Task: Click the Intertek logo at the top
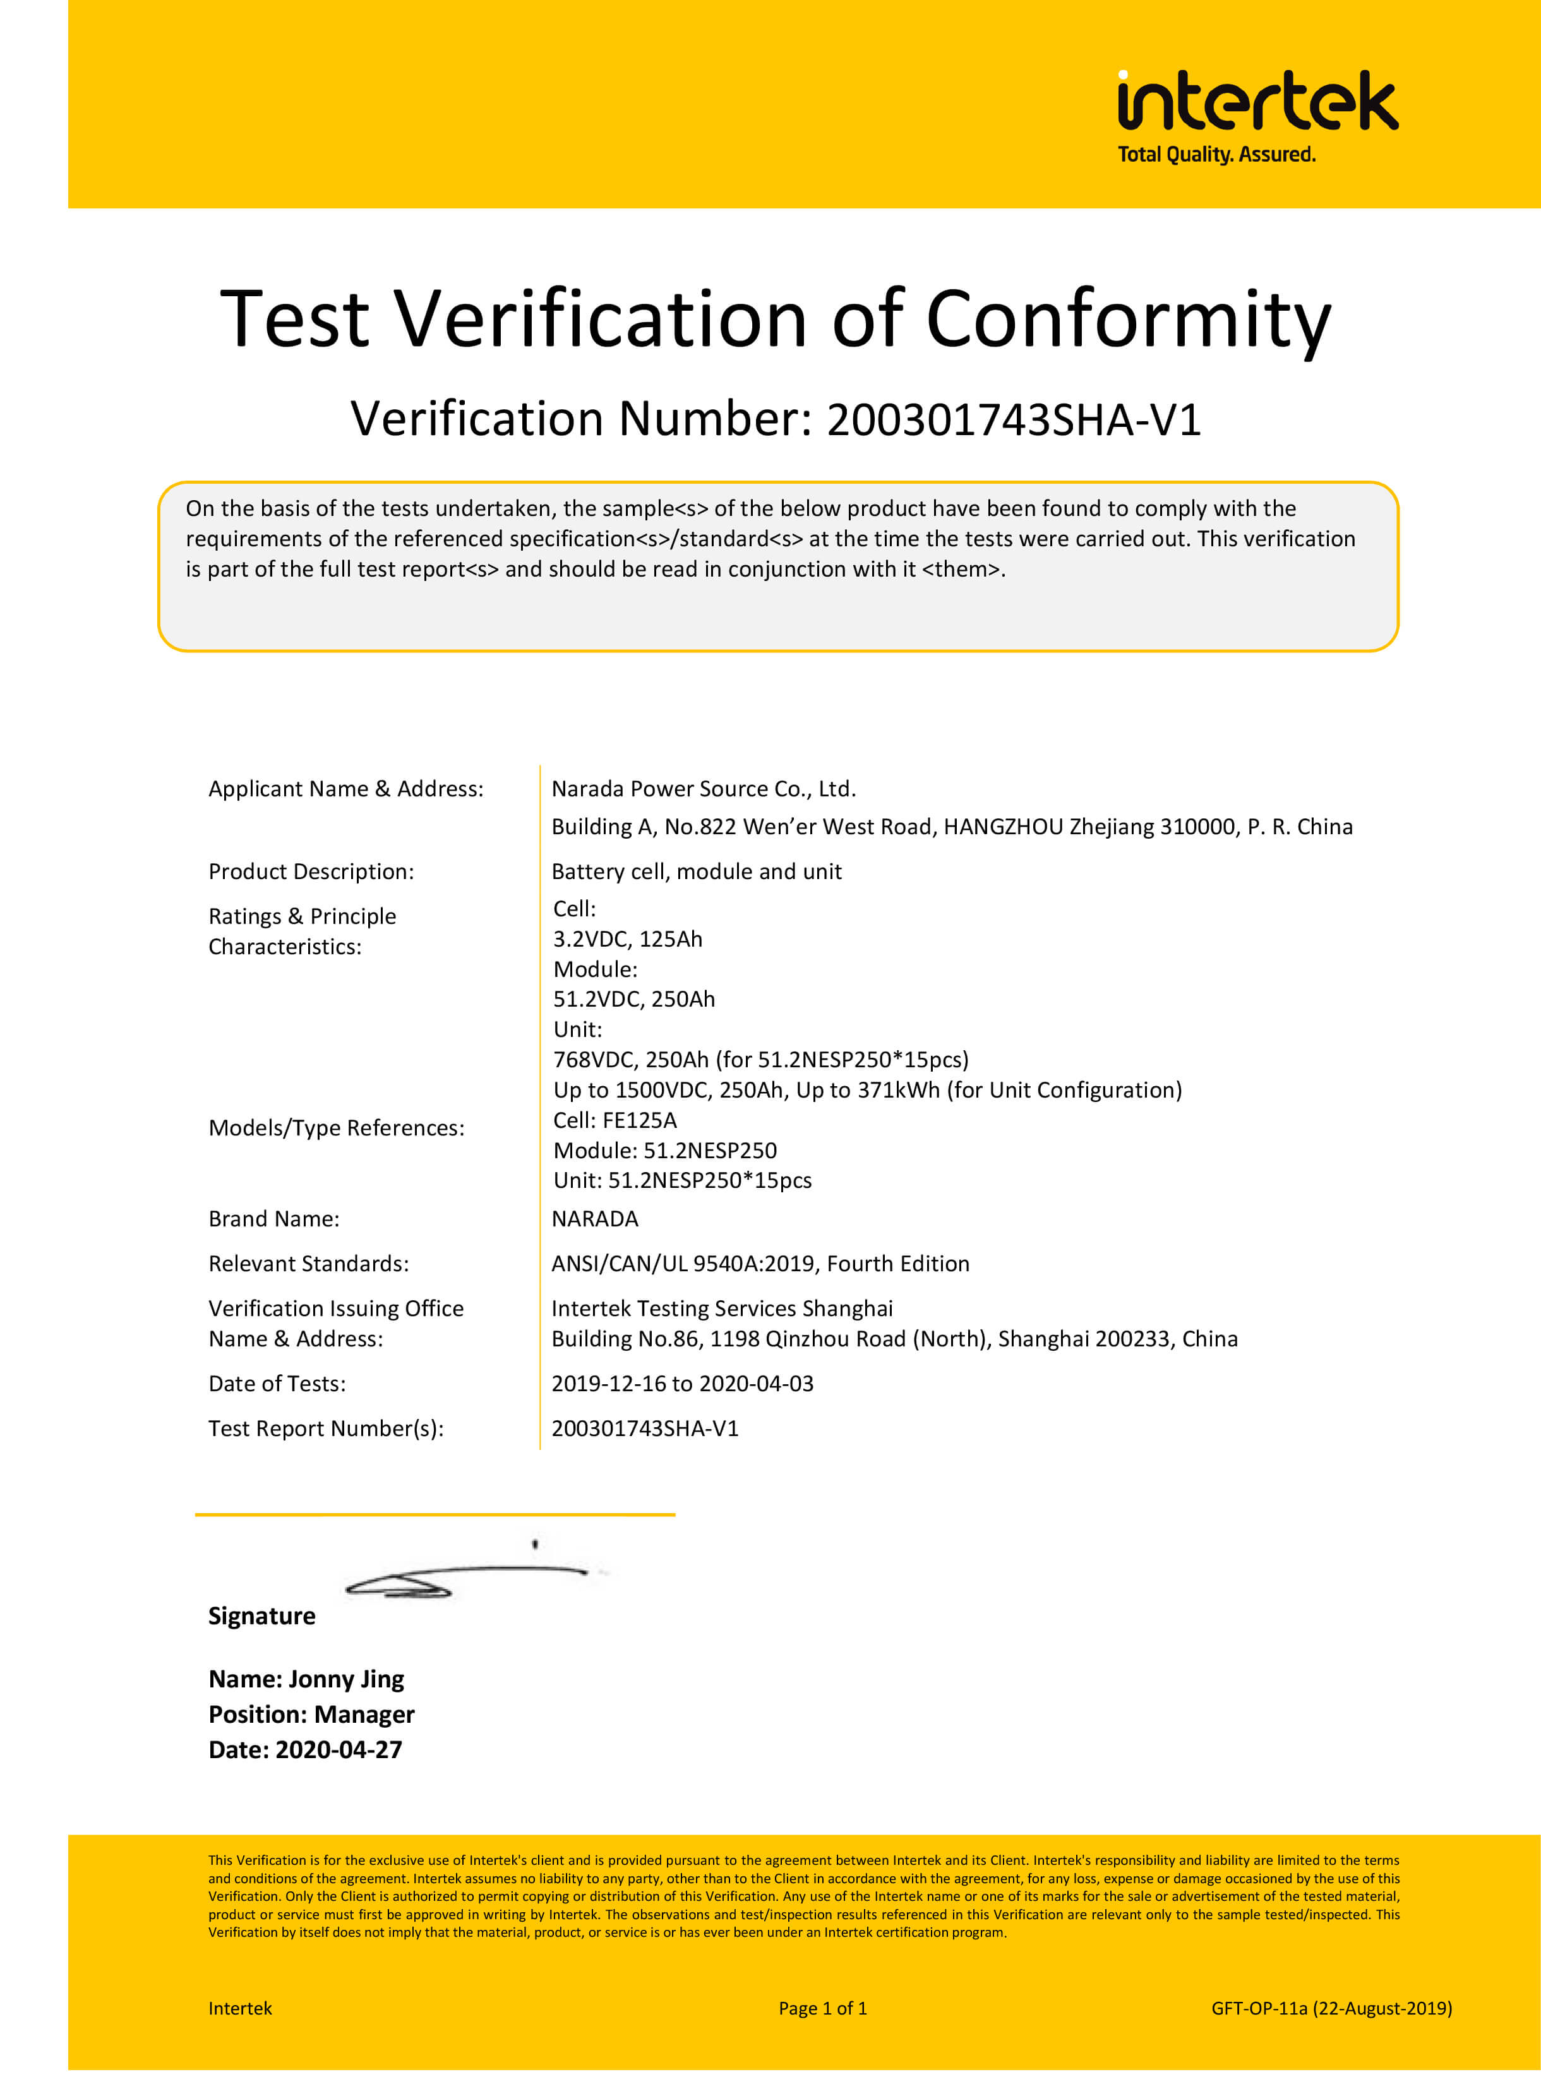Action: (1257, 101)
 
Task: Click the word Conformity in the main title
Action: (1128, 320)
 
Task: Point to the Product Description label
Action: (311, 872)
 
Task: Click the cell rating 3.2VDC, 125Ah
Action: (627, 940)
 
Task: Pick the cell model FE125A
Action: (640, 1120)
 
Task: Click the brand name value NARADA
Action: (594, 1219)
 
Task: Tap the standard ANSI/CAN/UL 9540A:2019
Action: (681, 1264)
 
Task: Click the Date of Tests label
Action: (277, 1384)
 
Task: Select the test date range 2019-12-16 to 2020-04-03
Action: (682, 1384)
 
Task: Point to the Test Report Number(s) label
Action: (325, 1429)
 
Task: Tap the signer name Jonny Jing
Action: (346, 1680)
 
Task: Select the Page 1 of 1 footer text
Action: (823, 2008)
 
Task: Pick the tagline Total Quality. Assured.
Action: (1216, 155)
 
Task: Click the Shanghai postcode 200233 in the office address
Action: (1134, 1339)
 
